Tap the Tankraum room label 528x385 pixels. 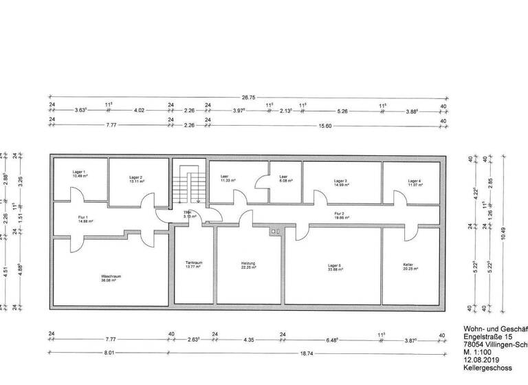[x=193, y=263]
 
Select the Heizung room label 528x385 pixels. [x=249, y=263]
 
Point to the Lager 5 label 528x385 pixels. [x=335, y=266]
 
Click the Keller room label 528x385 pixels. [x=408, y=265]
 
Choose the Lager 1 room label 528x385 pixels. [x=80, y=171]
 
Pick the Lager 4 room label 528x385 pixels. [x=414, y=181]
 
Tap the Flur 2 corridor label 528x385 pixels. [x=339, y=214]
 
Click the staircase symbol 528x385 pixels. [x=188, y=184]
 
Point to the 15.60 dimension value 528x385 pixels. [x=322, y=125]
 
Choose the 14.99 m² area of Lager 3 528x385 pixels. [x=342, y=185]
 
